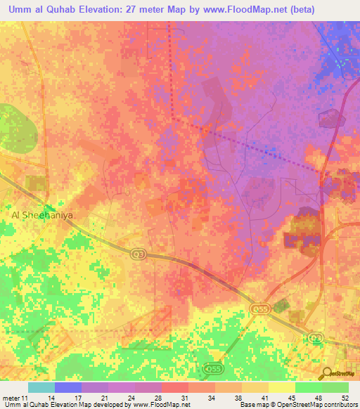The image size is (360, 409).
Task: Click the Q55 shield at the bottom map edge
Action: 213,368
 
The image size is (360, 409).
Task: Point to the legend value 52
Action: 344,398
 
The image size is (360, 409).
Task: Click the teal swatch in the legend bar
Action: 41,387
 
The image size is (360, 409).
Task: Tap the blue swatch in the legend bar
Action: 68,387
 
